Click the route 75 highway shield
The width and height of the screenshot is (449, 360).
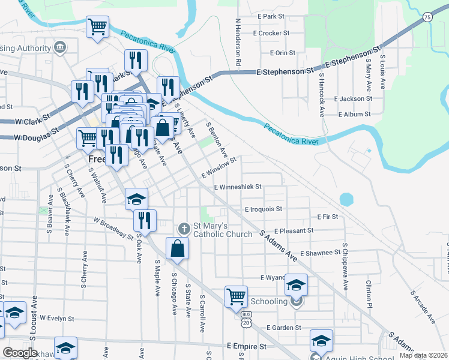click(x=427, y=18)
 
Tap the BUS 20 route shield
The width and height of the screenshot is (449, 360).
click(x=246, y=319)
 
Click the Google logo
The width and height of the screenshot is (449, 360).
click(x=20, y=353)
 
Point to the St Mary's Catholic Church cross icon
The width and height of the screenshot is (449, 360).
click(x=184, y=228)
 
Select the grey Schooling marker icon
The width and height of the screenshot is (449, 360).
click(x=296, y=301)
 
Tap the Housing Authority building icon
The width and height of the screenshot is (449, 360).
click(x=60, y=47)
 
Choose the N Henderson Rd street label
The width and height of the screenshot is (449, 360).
click(x=238, y=42)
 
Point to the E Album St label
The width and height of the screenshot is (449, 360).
click(x=355, y=114)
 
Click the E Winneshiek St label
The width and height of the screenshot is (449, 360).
click(x=238, y=187)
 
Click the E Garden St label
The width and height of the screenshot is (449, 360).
click(x=285, y=328)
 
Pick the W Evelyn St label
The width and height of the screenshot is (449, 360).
click(x=57, y=319)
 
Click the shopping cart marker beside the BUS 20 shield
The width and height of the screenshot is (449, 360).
click(x=237, y=296)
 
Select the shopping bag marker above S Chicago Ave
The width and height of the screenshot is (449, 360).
click(x=178, y=249)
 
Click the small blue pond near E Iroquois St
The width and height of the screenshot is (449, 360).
click(x=346, y=199)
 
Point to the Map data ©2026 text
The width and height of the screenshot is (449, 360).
click(x=423, y=355)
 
